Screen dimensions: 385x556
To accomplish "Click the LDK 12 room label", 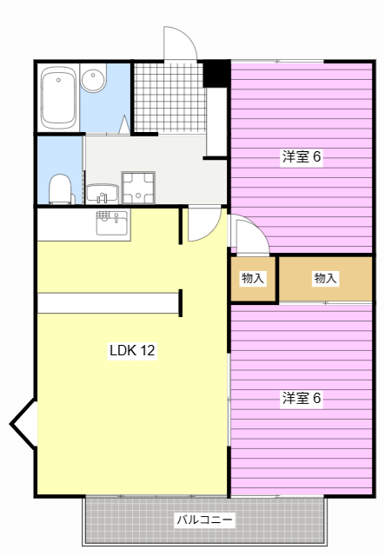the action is [132, 350].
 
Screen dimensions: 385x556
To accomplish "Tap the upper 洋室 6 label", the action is [302, 156].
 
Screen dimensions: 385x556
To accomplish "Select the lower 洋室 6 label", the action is [302, 398].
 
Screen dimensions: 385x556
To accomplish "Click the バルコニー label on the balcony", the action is [205, 520].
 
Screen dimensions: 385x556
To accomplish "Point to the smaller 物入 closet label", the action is [253, 278].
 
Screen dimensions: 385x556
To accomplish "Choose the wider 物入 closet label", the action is [325, 278].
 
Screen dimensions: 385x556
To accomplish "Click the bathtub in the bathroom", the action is [58, 97].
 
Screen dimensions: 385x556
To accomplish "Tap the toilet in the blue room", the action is [61, 189].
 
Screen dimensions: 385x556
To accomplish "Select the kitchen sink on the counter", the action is [112, 223].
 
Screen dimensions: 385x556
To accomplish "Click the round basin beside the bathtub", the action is [93, 78].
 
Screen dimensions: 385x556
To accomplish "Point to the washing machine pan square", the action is [138, 188].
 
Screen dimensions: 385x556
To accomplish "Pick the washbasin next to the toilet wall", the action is [103, 194].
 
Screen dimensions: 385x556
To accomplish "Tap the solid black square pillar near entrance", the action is [216, 74].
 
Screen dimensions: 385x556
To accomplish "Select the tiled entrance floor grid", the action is [169, 98].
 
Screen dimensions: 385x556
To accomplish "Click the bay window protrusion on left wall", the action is [23, 424].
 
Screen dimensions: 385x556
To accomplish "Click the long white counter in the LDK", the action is [108, 303].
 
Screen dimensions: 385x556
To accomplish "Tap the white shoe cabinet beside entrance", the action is [216, 122].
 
